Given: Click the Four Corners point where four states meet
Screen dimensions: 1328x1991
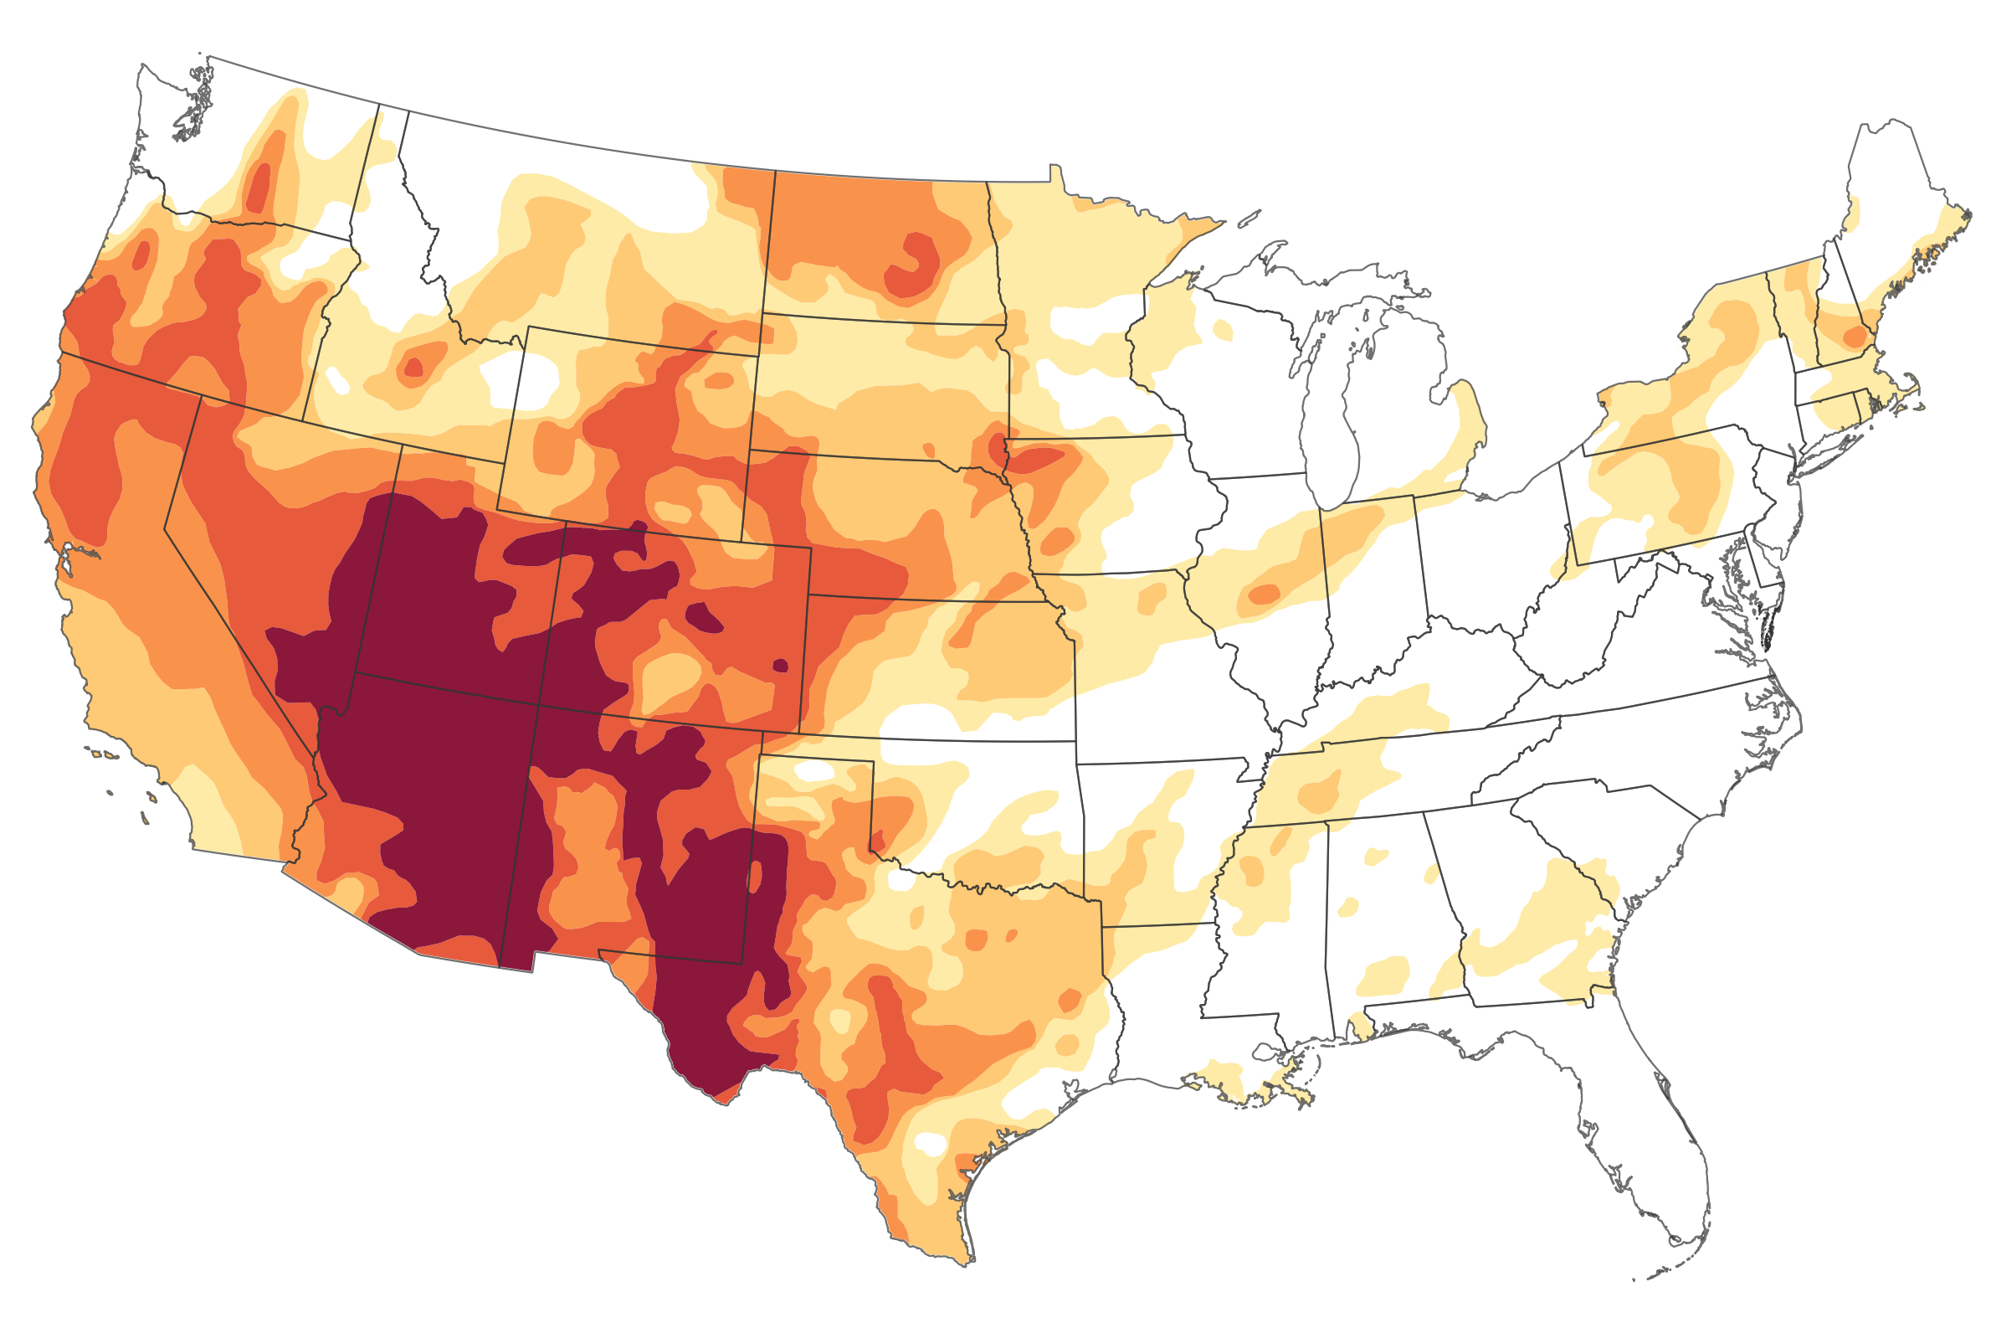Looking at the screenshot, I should click(537, 705).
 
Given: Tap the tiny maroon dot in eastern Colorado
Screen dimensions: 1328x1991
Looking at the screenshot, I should click(781, 666).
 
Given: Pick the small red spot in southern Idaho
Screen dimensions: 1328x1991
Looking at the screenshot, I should click(413, 368).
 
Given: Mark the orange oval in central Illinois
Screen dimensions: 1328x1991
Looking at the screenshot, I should click(1265, 594).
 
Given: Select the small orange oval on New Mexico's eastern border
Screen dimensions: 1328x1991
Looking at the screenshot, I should click(754, 876).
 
